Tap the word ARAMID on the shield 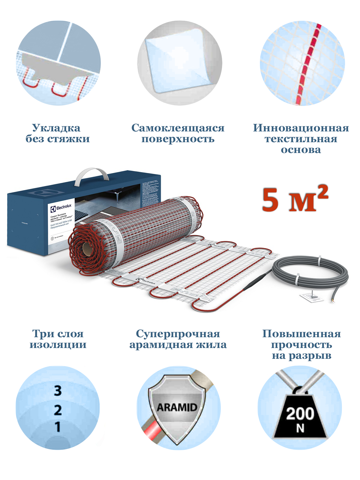tap(177, 407)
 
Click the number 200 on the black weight tap(300, 413)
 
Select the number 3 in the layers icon tap(58, 391)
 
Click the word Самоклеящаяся tap(178, 128)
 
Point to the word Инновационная tap(301, 128)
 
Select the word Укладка tap(56, 128)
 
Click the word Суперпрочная tap(178, 334)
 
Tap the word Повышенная tap(301, 334)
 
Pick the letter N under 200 tap(300, 428)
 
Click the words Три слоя tap(58, 334)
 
